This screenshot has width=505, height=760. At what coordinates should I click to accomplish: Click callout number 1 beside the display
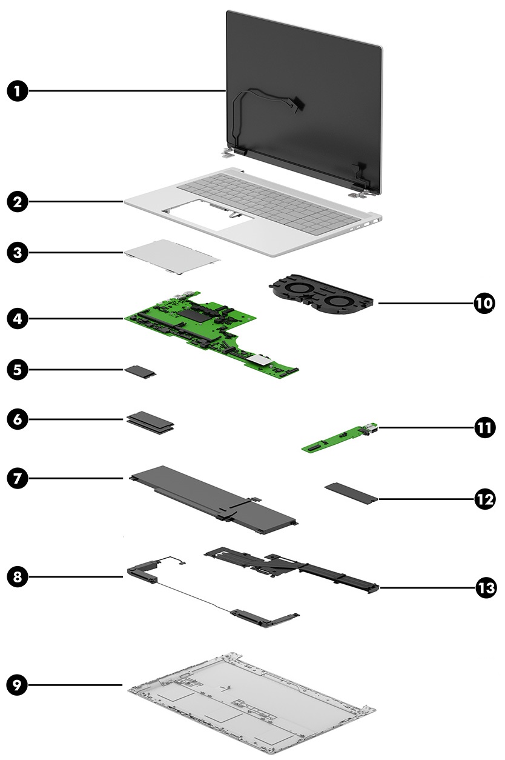[x=18, y=92]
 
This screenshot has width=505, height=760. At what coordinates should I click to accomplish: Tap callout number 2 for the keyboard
[x=18, y=201]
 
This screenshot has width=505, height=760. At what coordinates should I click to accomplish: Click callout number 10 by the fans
[x=484, y=303]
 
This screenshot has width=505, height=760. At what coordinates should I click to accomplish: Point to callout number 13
[x=484, y=587]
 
